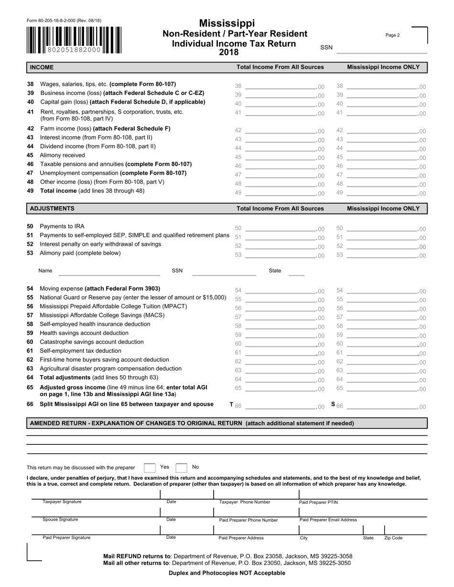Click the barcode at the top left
(74, 40)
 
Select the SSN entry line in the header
(381, 49)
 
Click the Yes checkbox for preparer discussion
(150, 468)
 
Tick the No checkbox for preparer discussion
(181, 468)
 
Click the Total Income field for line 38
(280, 86)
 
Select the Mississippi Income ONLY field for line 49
(382, 193)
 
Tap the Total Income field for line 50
(280, 229)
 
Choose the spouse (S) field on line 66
(382, 407)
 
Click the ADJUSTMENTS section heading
(52, 209)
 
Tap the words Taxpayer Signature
(62, 502)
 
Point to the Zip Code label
(393, 538)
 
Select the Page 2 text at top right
(392, 35)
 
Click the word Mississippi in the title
(227, 23)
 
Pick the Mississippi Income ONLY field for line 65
(382, 389)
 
